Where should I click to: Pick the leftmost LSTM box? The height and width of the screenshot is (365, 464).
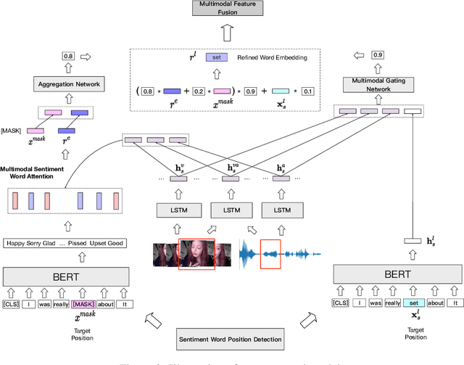(x=178, y=210)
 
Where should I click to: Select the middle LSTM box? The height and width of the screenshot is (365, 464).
(x=231, y=210)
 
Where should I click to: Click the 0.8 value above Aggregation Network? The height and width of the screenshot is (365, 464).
(x=67, y=55)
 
